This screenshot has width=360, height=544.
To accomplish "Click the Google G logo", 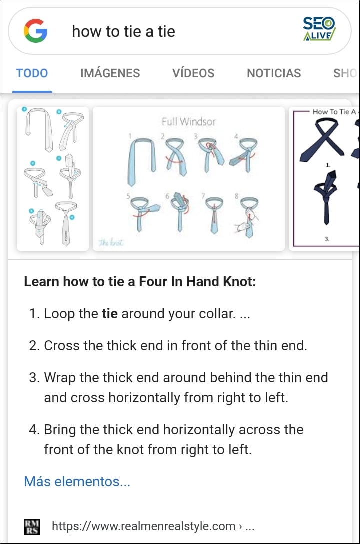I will pos(35,31).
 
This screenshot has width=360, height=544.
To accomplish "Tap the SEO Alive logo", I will pos(319,29).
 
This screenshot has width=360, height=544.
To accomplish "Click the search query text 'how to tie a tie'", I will pos(123,31).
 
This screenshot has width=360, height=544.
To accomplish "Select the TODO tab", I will pos(32,73).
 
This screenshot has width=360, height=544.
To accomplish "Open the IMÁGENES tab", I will pos(110,73).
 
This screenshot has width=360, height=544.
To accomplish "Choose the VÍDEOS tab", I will pos(193,73).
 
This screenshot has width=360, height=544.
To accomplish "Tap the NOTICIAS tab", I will pos(274,73).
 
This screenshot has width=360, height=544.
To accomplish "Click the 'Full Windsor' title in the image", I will pos(188,121).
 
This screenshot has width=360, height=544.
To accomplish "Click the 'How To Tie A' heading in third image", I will pos(334,112).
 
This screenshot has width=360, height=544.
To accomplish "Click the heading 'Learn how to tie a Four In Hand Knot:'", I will pos(140,281).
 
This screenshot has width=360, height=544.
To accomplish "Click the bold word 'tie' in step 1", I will pos(110,314).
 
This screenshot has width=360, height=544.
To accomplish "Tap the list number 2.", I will pos(33,346).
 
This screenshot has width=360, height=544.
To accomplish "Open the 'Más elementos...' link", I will pos(77,482).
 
